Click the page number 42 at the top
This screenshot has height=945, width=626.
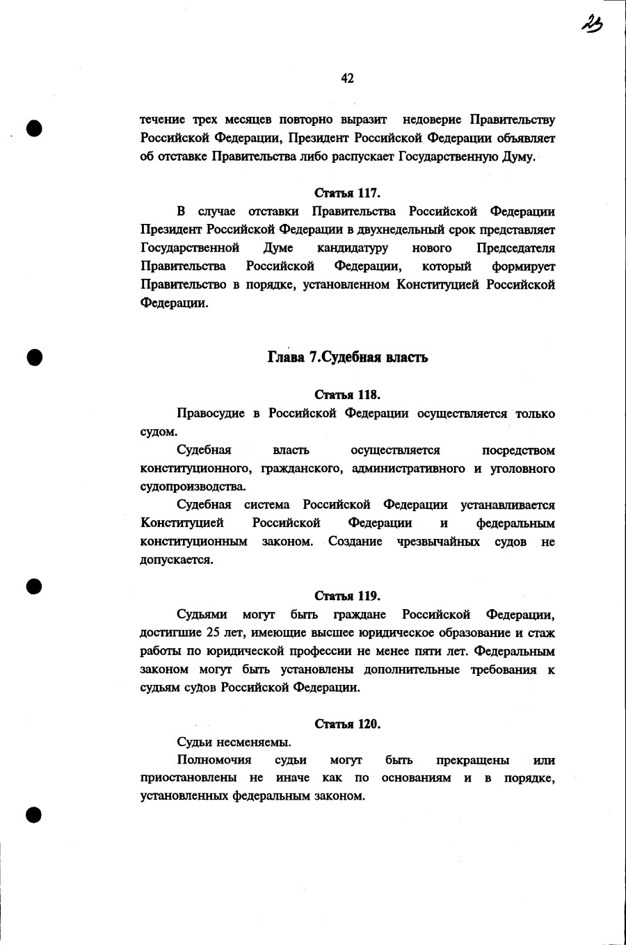348,79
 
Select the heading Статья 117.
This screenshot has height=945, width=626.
348,193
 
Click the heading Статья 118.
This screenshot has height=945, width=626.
348,395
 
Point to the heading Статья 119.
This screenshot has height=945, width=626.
348,596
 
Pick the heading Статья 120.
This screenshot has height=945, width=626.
348,724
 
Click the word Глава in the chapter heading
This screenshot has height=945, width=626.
286,357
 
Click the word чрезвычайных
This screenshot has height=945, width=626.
438,542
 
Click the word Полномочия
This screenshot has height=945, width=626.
214,760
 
